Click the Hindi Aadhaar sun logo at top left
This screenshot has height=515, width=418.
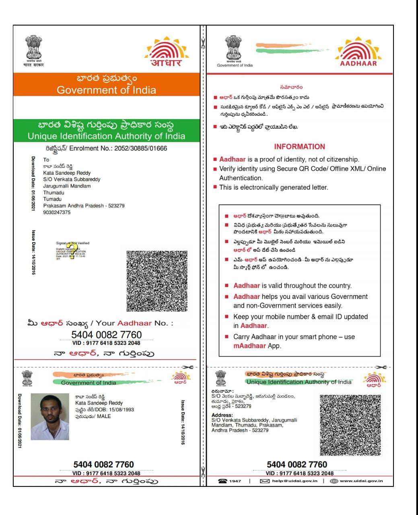(167, 51)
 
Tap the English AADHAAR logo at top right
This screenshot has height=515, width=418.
(358, 51)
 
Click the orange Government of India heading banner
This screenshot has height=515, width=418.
(106, 84)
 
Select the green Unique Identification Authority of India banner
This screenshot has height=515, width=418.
(106, 130)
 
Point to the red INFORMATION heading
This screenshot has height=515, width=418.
(299, 147)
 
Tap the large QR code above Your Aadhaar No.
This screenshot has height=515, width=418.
(157, 281)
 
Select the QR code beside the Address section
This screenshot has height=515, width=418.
(350, 425)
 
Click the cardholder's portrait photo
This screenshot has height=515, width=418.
(50, 416)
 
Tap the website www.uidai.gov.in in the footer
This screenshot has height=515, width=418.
(361, 481)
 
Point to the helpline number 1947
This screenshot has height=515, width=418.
(235, 481)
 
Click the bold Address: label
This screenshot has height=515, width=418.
(222, 415)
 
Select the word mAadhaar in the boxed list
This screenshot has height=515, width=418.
(249, 346)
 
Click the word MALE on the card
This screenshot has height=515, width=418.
(104, 416)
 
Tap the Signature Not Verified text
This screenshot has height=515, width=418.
(72, 243)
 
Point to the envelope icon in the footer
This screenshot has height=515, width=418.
(264, 481)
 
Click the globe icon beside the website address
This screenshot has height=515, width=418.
(334, 481)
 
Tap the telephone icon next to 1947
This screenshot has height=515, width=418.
(222, 481)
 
